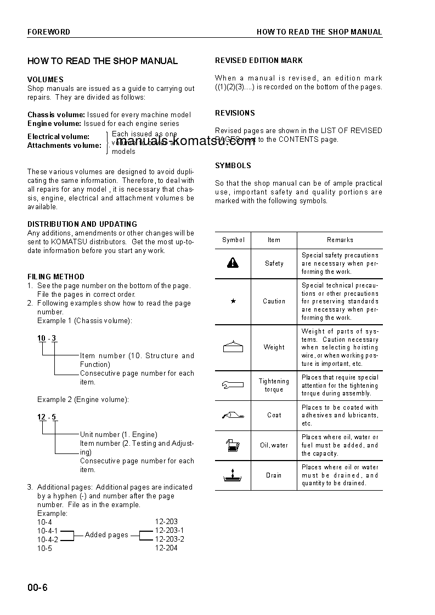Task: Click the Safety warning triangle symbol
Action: click(233, 263)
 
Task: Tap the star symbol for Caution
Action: click(233, 301)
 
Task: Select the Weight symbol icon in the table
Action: click(233, 347)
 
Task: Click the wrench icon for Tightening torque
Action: click(233, 385)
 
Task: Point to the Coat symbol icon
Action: click(233, 415)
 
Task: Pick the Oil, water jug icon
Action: click(233, 445)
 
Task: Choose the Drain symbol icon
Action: click(233, 474)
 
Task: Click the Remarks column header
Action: click(340, 240)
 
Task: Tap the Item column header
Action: click(274, 240)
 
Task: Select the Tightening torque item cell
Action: click(274, 385)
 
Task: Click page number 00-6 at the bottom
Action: click(38, 588)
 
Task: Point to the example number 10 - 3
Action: click(47, 338)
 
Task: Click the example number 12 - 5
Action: click(47, 417)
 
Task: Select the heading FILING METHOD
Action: click(56, 277)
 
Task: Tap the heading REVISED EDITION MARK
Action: click(259, 60)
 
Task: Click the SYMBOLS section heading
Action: click(233, 165)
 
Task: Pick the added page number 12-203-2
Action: click(170, 539)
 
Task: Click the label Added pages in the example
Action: click(106, 534)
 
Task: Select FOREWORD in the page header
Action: click(49, 32)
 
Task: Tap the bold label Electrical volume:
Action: click(58, 136)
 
